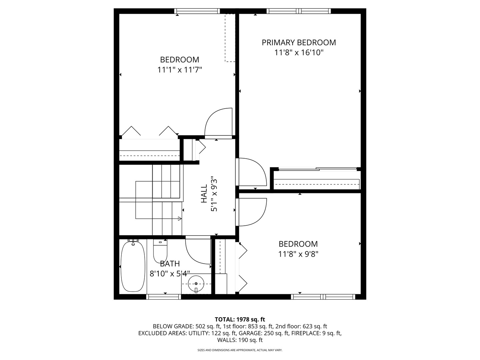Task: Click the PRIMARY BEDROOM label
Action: pyautogui.click(x=299, y=43)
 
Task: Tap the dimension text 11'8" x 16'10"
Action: pyautogui.click(x=299, y=53)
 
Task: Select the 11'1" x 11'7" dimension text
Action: pyautogui.click(x=180, y=70)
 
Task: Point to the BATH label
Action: pyautogui.click(x=170, y=264)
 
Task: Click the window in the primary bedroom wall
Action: pyautogui.click(x=299, y=11)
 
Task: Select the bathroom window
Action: pyautogui.click(x=164, y=297)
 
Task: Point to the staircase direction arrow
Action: pyautogui.click(x=179, y=219)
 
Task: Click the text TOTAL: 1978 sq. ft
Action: pyautogui.click(x=240, y=319)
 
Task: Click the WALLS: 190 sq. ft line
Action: pyautogui.click(x=240, y=340)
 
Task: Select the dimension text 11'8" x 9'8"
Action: pyautogui.click(x=298, y=254)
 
